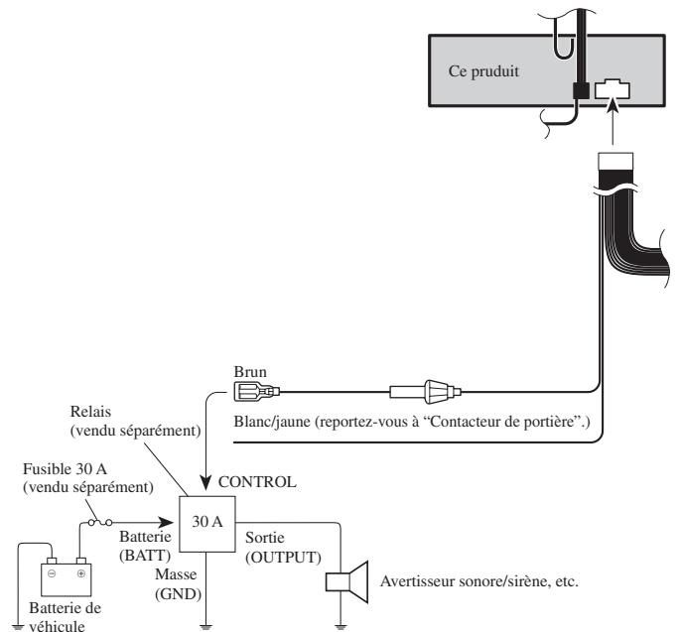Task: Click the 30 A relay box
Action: tap(207, 524)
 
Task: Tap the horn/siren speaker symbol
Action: tap(347, 581)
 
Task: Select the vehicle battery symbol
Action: tap(67, 576)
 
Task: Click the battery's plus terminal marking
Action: tap(80, 573)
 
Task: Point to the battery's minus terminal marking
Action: tap(52, 573)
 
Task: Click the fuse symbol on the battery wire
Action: tap(100, 523)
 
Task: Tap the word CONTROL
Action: tap(257, 481)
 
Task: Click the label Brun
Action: tap(250, 372)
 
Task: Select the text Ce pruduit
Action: tap(483, 71)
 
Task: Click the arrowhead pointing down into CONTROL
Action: tap(205, 482)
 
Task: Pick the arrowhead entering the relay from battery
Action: tap(166, 523)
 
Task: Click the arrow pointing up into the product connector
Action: tap(613, 122)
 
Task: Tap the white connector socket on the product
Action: tap(612, 88)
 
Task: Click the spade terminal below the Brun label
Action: tap(257, 392)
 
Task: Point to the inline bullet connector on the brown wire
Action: tap(425, 392)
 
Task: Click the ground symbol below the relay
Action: tap(205, 627)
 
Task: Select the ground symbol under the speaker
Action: tap(341, 627)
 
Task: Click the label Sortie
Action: tap(264, 538)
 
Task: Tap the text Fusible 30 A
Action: tap(65, 469)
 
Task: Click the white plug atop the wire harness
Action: tap(615, 161)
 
